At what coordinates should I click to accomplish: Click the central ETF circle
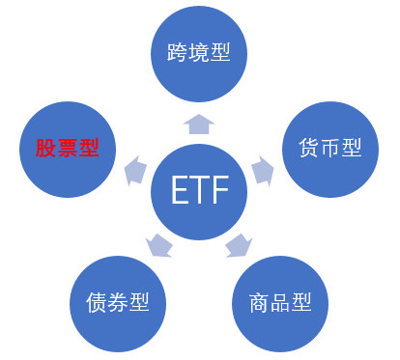(199, 191)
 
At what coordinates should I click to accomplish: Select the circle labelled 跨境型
(199, 53)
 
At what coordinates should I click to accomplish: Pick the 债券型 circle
(118, 302)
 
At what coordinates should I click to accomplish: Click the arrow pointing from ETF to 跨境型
(199, 123)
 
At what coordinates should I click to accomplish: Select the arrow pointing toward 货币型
(262, 169)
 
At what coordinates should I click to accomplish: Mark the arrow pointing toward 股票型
(134, 170)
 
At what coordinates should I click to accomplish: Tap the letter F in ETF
(218, 191)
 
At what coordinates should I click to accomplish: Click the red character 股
(45, 149)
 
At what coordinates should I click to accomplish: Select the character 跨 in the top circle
(176, 52)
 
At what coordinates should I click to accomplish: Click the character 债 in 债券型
(95, 302)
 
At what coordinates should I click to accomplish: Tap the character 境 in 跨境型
(199, 52)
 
